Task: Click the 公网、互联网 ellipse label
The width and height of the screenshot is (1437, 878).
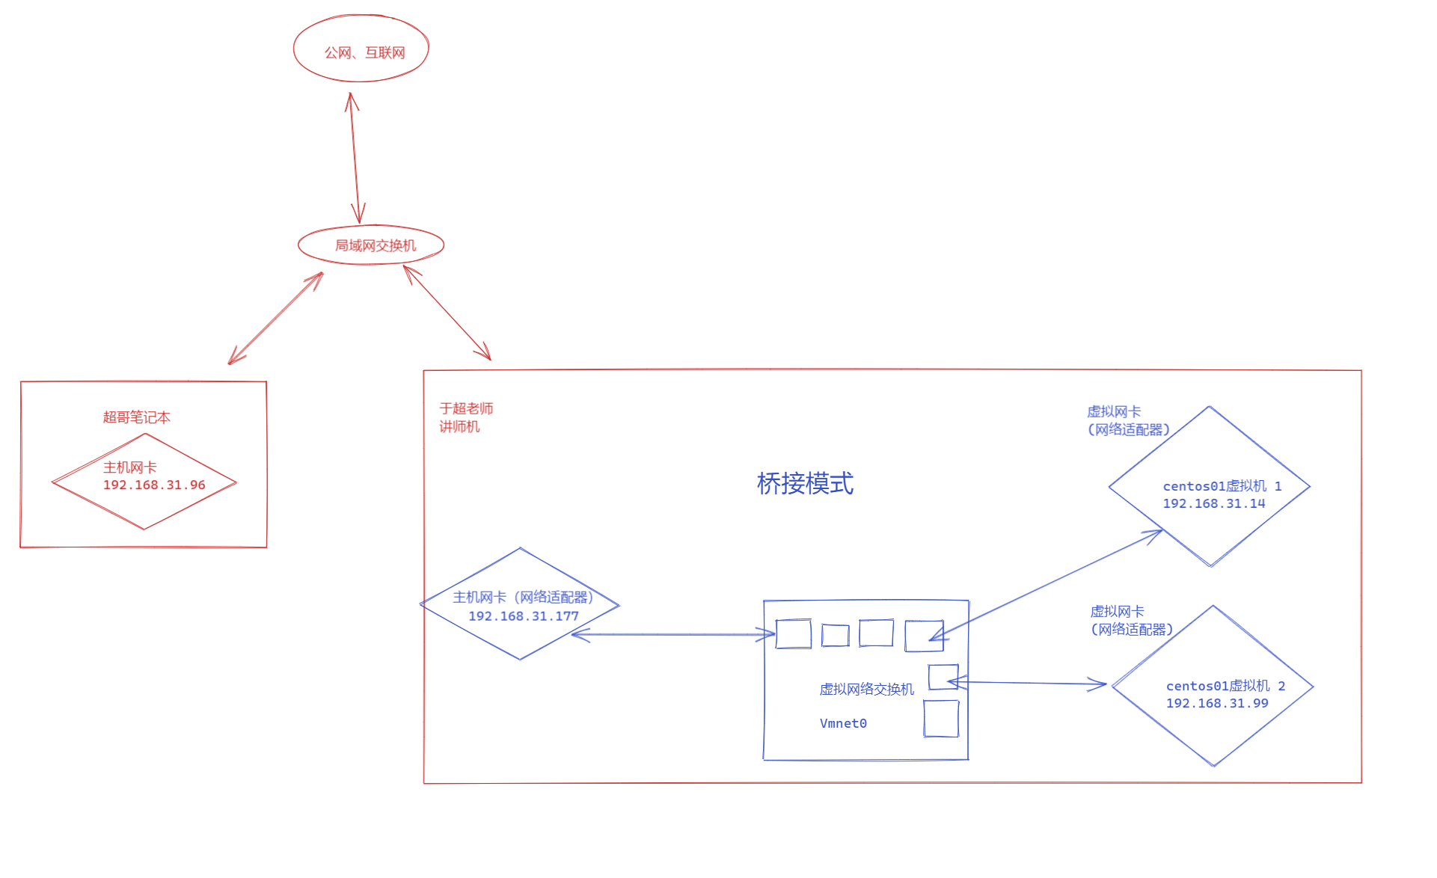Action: (364, 52)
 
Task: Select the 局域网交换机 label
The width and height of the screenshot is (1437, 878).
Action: (375, 245)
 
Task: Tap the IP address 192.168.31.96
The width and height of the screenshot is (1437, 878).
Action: (154, 485)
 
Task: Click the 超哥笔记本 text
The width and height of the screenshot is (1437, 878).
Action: (136, 417)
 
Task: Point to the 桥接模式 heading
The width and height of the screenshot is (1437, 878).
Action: (805, 484)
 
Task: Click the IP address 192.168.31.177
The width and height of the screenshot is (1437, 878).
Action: (524, 616)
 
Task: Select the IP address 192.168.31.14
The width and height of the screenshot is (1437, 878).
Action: (1213, 504)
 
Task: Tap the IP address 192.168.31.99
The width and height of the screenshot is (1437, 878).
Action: (1217, 704)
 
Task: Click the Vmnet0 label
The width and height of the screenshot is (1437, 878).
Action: (843, 723)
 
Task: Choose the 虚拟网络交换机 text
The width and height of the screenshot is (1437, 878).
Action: (866, 690)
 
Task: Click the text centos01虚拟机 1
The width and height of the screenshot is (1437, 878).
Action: (1222, 486)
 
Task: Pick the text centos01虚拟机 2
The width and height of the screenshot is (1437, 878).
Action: (1225, 686)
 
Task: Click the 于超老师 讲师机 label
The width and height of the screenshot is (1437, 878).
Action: (465, 417)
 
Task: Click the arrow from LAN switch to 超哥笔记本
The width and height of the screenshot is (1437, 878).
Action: (275, 319)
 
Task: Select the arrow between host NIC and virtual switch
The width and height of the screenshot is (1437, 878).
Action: (673, 635)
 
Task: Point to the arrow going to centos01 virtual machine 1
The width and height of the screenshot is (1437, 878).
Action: (1047, 583)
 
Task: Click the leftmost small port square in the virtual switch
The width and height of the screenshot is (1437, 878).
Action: (794, 634)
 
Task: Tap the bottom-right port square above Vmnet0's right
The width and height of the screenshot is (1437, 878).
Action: (941, 719)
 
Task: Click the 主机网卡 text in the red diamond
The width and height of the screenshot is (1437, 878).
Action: (129, 467)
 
